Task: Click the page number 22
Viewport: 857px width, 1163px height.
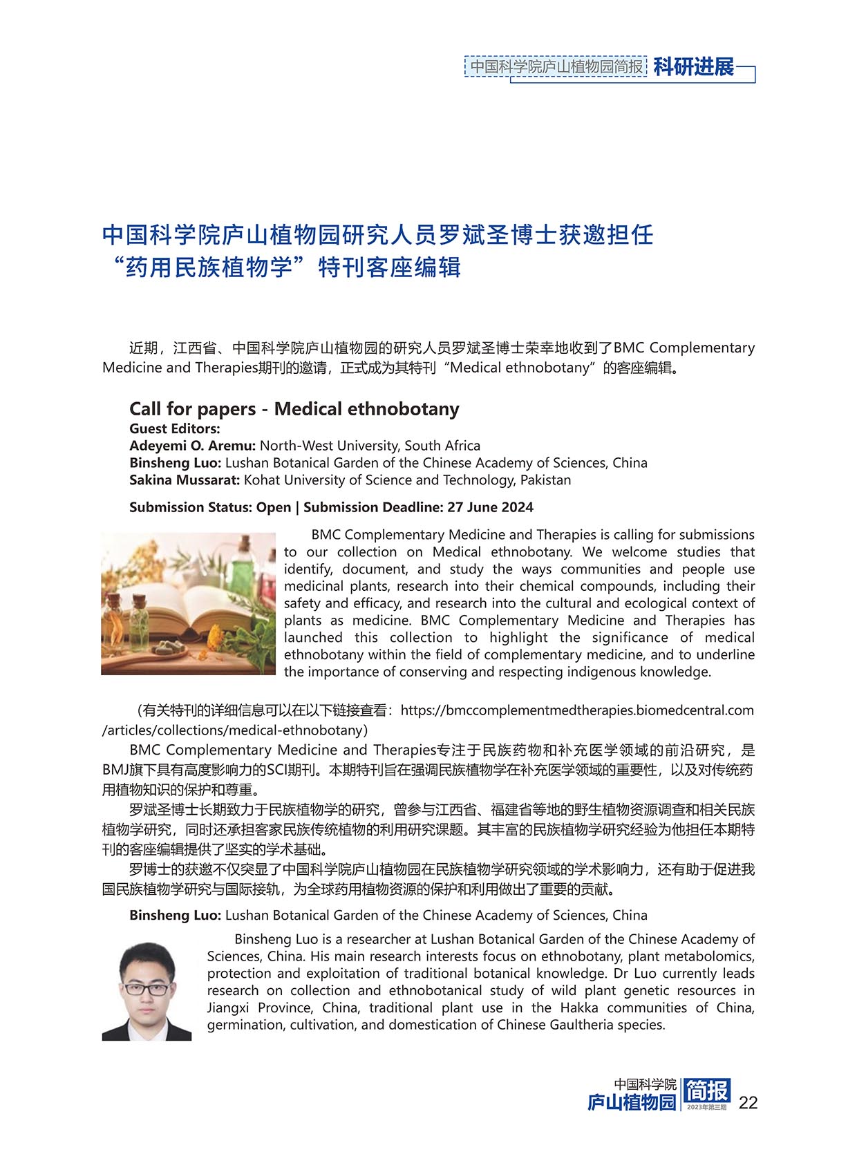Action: pos(748,1102)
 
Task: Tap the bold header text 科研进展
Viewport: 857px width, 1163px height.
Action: pos(693,67)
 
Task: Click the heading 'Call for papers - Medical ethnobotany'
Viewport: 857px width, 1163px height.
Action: pos(294,408)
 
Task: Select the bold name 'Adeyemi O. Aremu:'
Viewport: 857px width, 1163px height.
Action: pos(193,446)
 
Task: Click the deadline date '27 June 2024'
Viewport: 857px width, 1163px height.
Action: pos(490,507)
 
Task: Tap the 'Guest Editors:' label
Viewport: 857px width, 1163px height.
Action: pos(175,428)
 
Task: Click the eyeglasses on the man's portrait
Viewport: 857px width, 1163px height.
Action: pos(147,987)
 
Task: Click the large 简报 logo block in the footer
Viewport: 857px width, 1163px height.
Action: pos(706,1092)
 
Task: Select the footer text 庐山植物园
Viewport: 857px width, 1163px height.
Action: pos(632,1102)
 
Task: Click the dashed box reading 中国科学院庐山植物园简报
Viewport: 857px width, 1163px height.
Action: pos(556,66)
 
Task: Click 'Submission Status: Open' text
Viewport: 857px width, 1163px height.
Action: pos(210,507)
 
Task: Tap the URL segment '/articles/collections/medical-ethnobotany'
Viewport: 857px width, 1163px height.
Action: pos(232,730)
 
